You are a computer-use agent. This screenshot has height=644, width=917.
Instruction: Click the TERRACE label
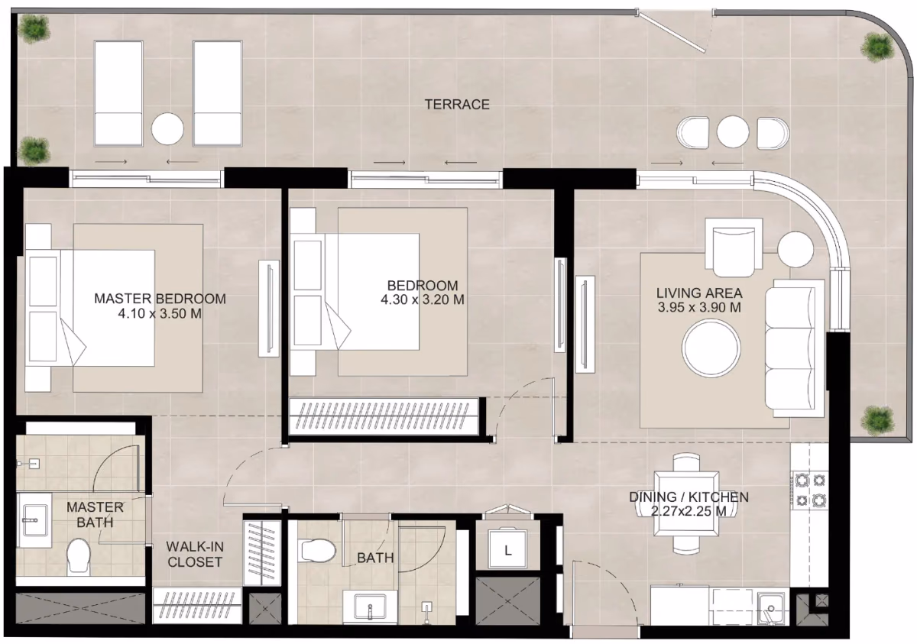[457, 105]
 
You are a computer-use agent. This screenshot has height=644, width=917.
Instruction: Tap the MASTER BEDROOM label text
[160, 299]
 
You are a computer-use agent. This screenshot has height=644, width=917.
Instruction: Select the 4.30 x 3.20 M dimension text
[423, 299]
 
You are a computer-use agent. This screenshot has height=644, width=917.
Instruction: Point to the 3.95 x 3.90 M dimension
[699, 307]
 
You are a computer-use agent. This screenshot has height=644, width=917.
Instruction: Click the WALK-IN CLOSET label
[195, 555]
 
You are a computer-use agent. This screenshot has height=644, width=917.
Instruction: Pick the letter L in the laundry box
[508, 551]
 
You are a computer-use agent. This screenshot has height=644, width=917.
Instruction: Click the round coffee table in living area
[711, 348]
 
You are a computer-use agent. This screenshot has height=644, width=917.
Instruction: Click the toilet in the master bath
[79, 555]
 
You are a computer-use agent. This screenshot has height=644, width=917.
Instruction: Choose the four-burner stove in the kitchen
[810, 490]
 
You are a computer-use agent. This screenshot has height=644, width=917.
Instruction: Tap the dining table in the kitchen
[686, 503]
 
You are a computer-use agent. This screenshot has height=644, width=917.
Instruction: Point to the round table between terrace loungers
[167, 129]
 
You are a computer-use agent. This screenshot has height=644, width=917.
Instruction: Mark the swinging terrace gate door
[672, 32]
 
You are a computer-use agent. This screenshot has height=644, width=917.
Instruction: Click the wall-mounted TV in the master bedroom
[269, 308]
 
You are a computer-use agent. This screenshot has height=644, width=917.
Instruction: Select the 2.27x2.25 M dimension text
[689, 511]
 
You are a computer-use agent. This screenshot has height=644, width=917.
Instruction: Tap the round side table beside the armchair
[795, 250]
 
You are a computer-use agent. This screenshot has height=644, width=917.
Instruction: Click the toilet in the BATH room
[318, 550]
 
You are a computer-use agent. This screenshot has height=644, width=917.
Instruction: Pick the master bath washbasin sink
[35, 520]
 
